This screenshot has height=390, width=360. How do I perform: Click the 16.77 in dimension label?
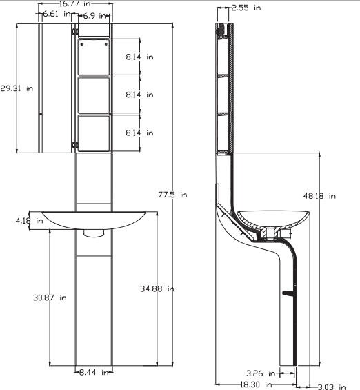point(74,3)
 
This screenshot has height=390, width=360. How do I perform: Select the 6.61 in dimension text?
point(57,14)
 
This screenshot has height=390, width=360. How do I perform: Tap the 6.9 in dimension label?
point(94,16)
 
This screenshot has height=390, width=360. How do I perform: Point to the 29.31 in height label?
point(17,88)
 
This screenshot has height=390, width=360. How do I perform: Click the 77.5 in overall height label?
point(172,195)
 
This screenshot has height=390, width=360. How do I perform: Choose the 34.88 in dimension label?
point(157,289)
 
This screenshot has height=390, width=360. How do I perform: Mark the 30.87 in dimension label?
point(50,298)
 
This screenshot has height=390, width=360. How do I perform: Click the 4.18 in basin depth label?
point(30,221)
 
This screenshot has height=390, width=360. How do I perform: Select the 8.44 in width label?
point(94,372)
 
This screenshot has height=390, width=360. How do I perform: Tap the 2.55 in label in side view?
point(246,8)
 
